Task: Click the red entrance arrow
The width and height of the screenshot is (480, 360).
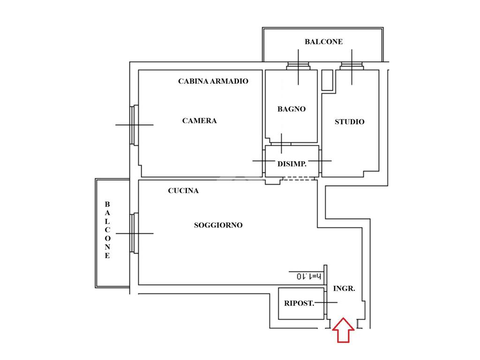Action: [x=343, y=330]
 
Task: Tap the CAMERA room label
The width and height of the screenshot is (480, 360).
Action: [x=200, y=121]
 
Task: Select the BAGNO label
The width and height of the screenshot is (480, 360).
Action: [x=292, y=109]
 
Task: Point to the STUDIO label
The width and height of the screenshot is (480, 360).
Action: [x=350, y=122]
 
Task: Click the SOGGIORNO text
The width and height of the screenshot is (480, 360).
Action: [x=218, y=225]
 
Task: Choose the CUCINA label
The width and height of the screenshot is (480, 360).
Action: [x=183, y=191]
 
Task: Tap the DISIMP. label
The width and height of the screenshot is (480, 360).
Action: [x=292, y=164]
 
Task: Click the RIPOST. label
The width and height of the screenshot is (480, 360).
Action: [x=299, y=303]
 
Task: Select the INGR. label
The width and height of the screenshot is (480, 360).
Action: [x=344, y=289]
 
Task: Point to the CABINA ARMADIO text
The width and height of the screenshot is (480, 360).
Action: [x=213, y=81]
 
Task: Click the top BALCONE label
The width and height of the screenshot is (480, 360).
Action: [x=323, y=42]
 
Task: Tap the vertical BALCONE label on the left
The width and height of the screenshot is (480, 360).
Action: [x=107, y=230]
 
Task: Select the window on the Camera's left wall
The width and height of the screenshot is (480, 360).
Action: [x=134, y=125]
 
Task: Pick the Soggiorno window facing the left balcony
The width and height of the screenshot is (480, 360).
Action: [x=134, y=233]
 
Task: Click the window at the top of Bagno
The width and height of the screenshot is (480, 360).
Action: [x=298, y=66]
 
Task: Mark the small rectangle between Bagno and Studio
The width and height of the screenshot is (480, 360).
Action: [x=327, y=80]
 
